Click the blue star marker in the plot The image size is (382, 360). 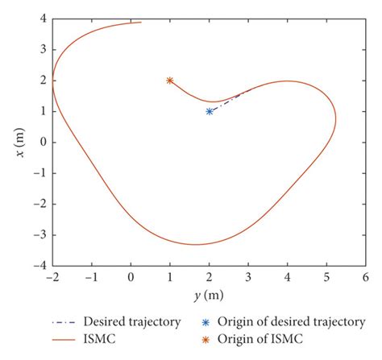tap(210, 111)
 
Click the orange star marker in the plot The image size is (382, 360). tap(170, 81)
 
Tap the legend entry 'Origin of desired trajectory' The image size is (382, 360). tap(283, 300)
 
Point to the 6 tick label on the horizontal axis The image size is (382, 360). tap(365, 277)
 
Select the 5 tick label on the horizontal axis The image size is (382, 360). tap(326, 277)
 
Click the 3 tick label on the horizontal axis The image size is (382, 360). tap(248, 277)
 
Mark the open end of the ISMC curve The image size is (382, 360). tap(142, 23)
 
